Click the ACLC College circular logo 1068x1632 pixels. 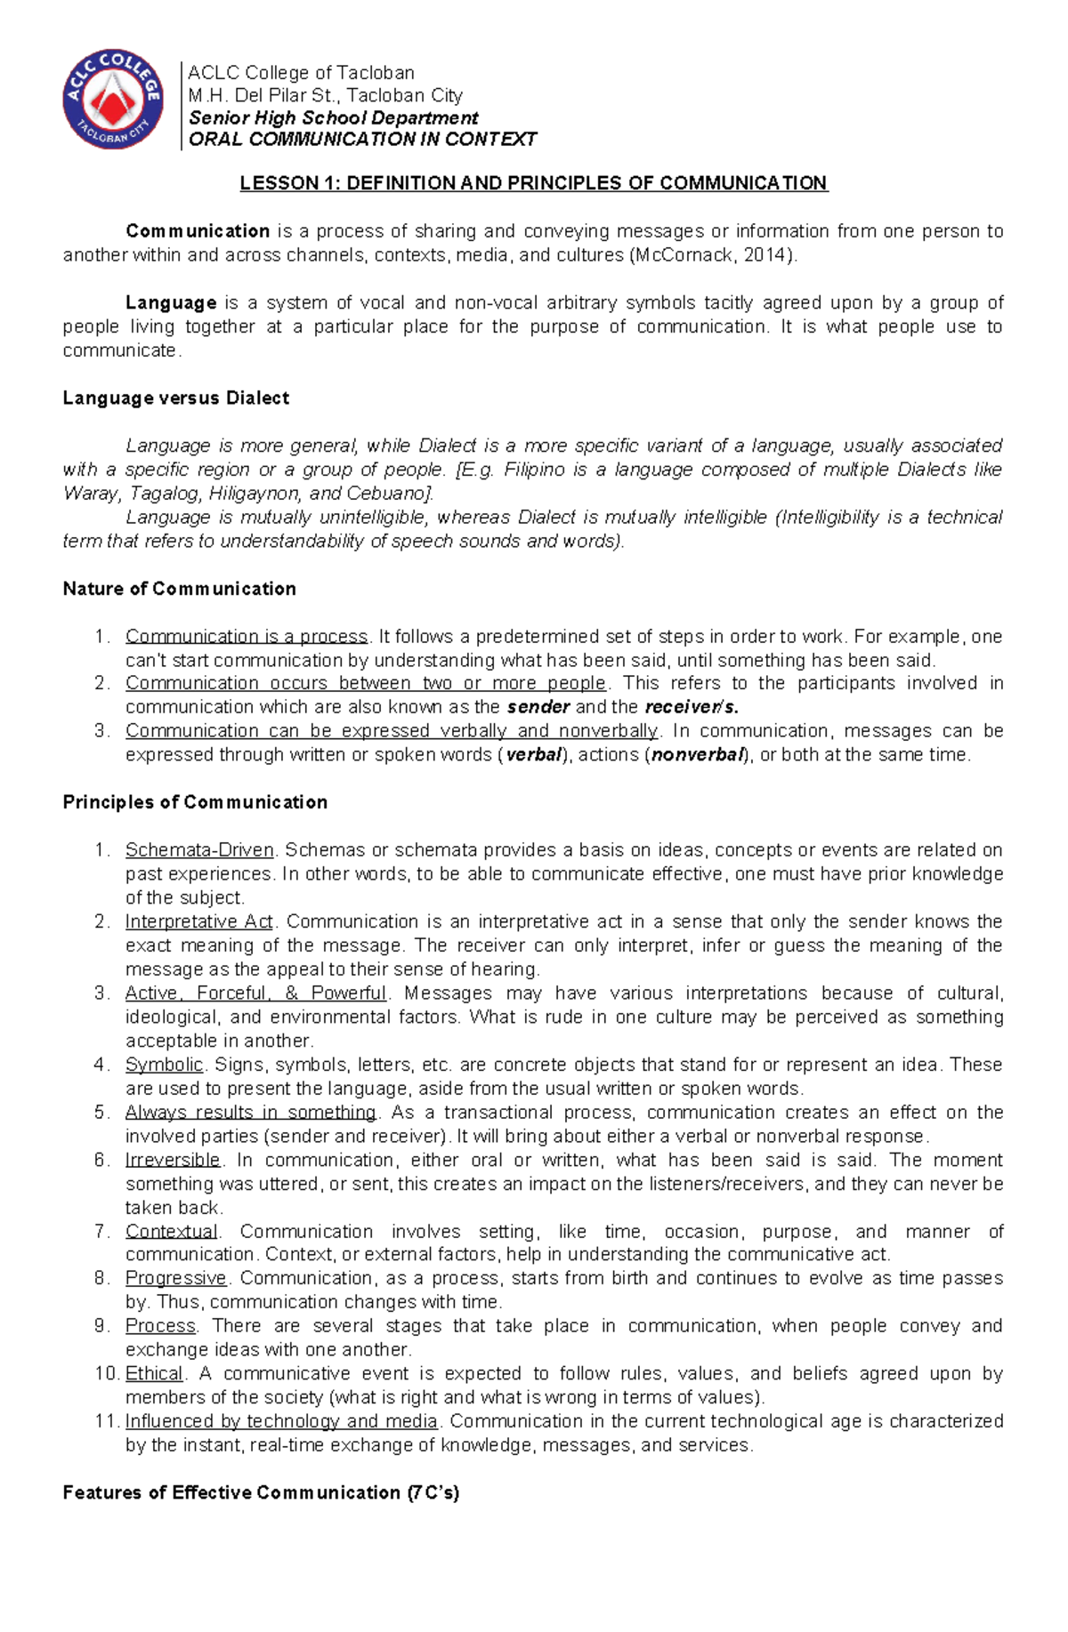113,99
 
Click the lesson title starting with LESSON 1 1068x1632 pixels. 533,183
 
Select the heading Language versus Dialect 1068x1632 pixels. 175,398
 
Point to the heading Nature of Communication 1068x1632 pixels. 179,589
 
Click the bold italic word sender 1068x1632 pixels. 538,708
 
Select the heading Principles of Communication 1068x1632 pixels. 195,802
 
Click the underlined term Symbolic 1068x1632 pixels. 164,1065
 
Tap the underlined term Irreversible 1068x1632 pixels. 173,1160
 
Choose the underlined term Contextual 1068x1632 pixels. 171,1232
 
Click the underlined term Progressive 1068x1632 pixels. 176,1278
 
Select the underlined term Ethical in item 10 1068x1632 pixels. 154,1373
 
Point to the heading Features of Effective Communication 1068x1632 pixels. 261,1492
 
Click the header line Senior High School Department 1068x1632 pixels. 333,118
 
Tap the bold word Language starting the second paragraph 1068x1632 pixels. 171,303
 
